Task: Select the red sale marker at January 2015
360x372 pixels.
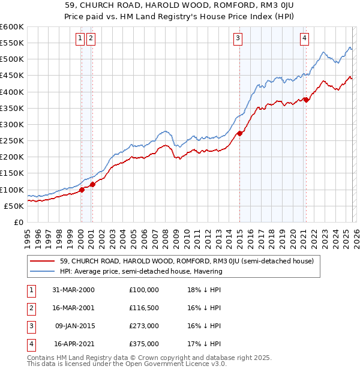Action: coord(239,133)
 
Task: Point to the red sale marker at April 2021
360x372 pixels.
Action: coord(306,100)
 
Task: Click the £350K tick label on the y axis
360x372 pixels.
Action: coord(11,109)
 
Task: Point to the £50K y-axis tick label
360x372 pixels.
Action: coord(13,206)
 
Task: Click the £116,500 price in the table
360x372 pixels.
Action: coord(144,307)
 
